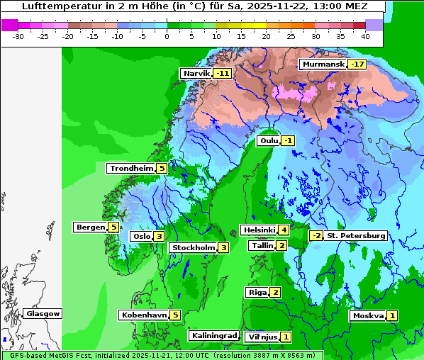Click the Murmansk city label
point(323,64)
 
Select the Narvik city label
point(196,74)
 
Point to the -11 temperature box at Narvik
point(223,74)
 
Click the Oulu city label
point(269,140)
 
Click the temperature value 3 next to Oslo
point(160,237)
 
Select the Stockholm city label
point(193,247)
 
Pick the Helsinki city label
point(258,230)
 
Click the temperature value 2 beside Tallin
point(281,245)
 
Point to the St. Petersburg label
point(355,236)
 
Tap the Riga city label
point(256,292)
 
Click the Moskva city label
point(368,316)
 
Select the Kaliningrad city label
point(213,335)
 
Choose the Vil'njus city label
point(261,337)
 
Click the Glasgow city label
point(43,314)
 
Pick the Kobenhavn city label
point(144,315)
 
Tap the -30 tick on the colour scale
point(18,35)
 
